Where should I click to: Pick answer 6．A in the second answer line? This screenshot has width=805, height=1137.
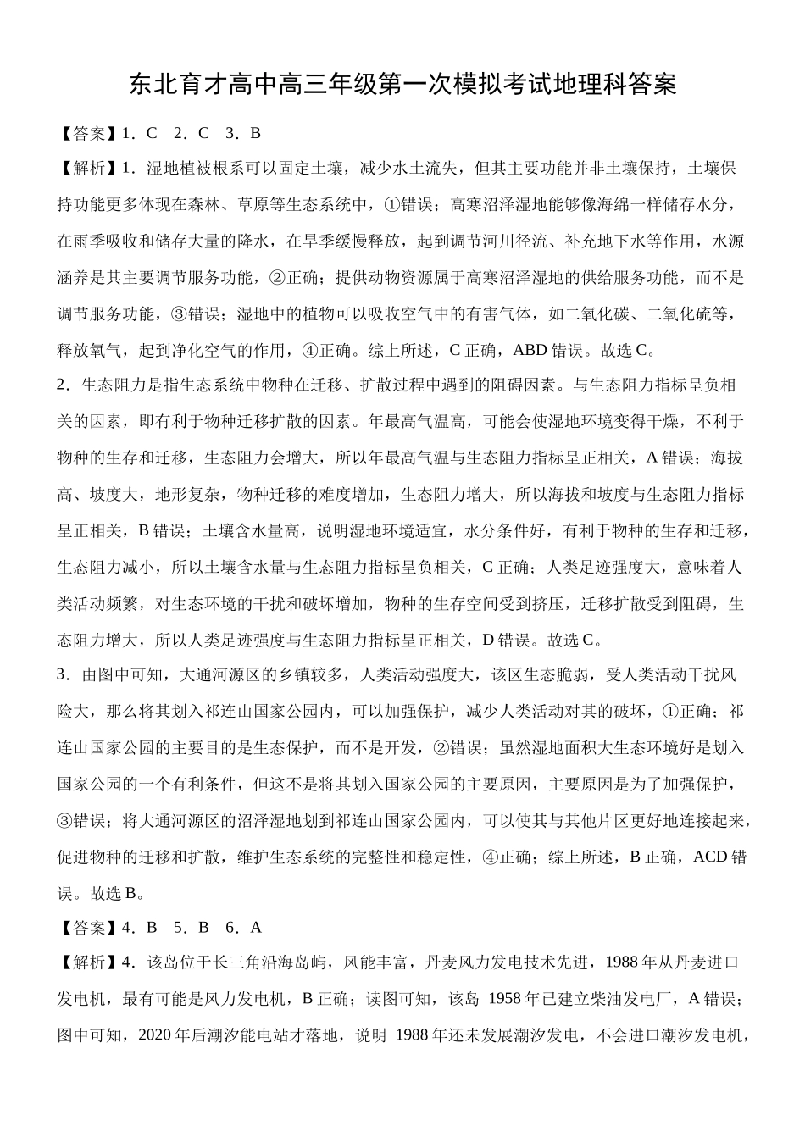coord(246,927)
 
